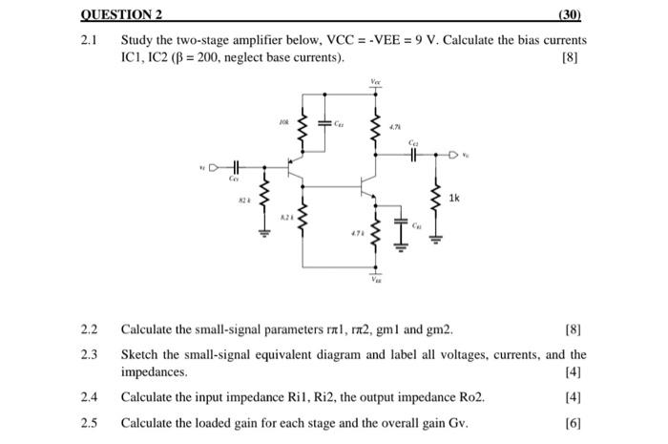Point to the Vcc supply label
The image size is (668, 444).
point(374,84)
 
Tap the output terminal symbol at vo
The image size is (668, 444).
point(452,153)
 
